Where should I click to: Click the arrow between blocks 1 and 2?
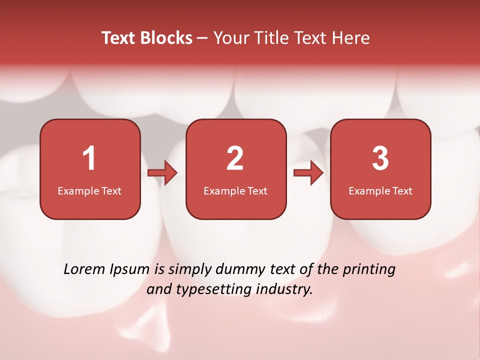[x=162, y=173]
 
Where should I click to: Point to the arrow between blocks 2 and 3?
[x=308, y=173]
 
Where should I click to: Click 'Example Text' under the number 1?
[x=89, y=191]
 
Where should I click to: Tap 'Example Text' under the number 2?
[x=235, y=191]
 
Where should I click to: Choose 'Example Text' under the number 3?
[x=380, y=191]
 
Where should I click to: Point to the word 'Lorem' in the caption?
[x=84, y=269]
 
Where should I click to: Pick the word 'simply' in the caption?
[x=190, y=270]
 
